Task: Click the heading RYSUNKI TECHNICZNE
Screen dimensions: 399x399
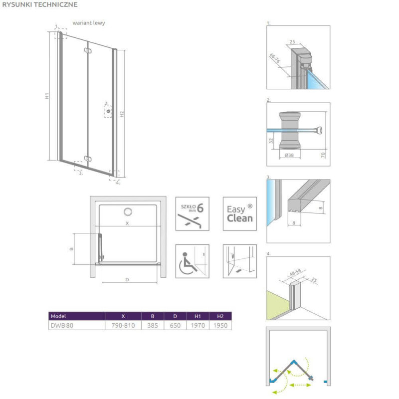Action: (40, 4)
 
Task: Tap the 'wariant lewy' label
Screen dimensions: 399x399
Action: (89, 23)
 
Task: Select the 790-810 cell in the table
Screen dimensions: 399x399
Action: (123, 325)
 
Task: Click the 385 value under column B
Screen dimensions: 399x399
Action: (153, 325)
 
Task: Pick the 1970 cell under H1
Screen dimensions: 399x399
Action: (198, 325)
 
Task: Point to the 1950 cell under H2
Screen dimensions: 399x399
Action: (220, 325)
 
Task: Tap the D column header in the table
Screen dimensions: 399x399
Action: (175, 316)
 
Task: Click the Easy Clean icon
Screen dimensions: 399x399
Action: (240, 214)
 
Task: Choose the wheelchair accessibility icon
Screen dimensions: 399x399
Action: (193, 261)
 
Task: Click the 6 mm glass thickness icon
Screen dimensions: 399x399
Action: (193, 214)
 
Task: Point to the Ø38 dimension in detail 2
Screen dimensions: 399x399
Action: (289, 155)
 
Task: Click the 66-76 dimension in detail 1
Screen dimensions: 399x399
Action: (275, 58)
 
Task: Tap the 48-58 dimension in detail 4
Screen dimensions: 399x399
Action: (295, 272)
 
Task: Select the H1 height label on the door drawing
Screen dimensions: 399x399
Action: (47, 96)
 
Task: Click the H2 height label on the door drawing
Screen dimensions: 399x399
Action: (122, 114)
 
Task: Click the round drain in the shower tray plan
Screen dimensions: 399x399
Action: (128, 211)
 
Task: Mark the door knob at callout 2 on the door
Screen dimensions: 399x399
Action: (108, 111)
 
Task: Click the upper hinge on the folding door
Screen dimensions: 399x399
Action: (88, 51)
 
